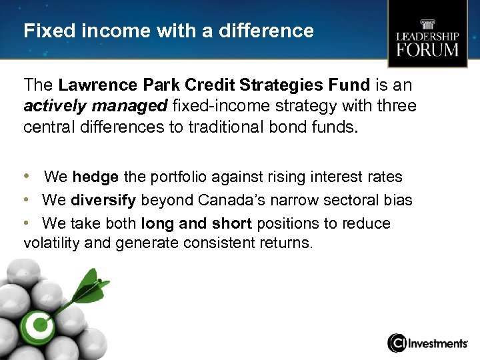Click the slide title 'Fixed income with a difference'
click(x=168, y=31)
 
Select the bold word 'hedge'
click(x=95, y=177)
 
